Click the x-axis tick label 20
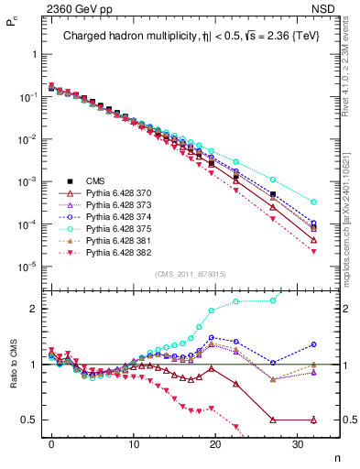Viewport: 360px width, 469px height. point(215,443)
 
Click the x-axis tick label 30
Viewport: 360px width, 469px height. point(298,443)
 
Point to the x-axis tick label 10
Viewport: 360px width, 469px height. point(134,443)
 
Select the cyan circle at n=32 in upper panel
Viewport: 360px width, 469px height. point(314,202)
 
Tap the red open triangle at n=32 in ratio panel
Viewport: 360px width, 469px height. point(314,420)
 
